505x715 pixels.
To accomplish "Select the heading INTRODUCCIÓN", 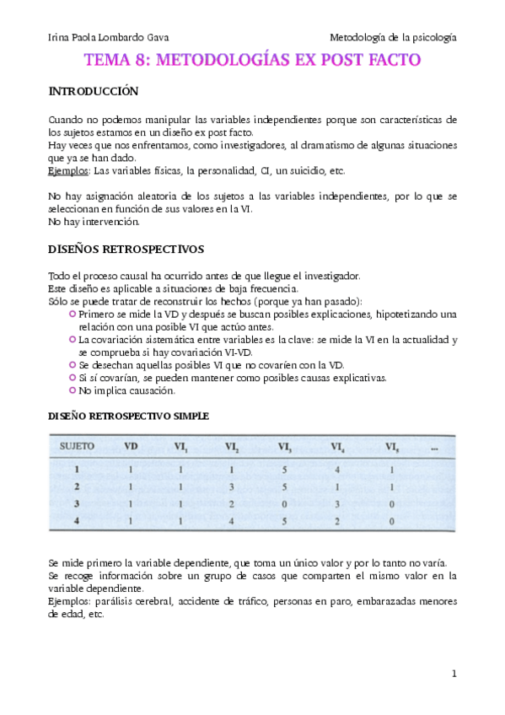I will tap(94, 91).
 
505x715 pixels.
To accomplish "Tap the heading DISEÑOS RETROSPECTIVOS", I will tap(126, 250).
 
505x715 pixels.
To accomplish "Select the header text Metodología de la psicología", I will tap(393, 37).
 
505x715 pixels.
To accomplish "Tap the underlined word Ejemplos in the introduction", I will tap(68, 170).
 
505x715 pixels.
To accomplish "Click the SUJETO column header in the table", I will tap(76, 448).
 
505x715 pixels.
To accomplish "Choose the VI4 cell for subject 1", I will tap(336, 469).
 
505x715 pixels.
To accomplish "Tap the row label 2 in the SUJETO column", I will tap(77, 487).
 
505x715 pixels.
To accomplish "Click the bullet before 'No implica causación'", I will tap(73, 390).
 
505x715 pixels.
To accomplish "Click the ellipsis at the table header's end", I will tap(435, 448).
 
